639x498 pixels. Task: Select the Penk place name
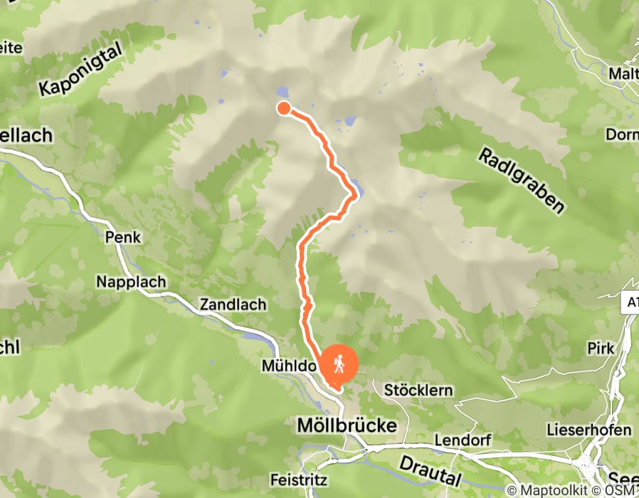point(122,237)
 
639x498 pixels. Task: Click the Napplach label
point(131,282)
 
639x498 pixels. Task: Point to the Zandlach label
point(233,304)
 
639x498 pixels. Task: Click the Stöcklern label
point(418,391)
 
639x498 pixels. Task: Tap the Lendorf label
point(463,440)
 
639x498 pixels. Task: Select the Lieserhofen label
point(588,430)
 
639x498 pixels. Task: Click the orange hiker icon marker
point(339,365)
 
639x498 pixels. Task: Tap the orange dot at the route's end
point(283,108)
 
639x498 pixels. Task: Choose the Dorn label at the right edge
point(621,134)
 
